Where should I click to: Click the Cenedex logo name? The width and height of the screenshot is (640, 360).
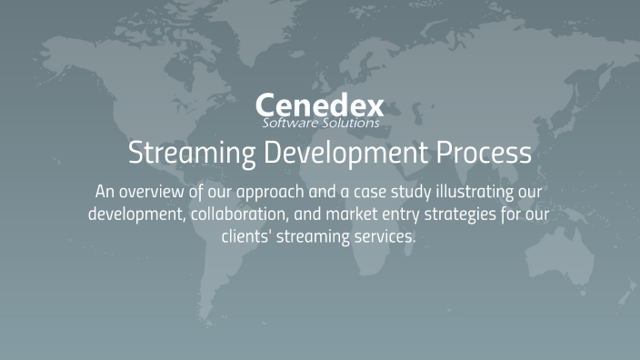[320, 104]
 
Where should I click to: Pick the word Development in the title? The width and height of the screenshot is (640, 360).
[330, 152]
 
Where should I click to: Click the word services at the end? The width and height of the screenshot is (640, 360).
[383, 236]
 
